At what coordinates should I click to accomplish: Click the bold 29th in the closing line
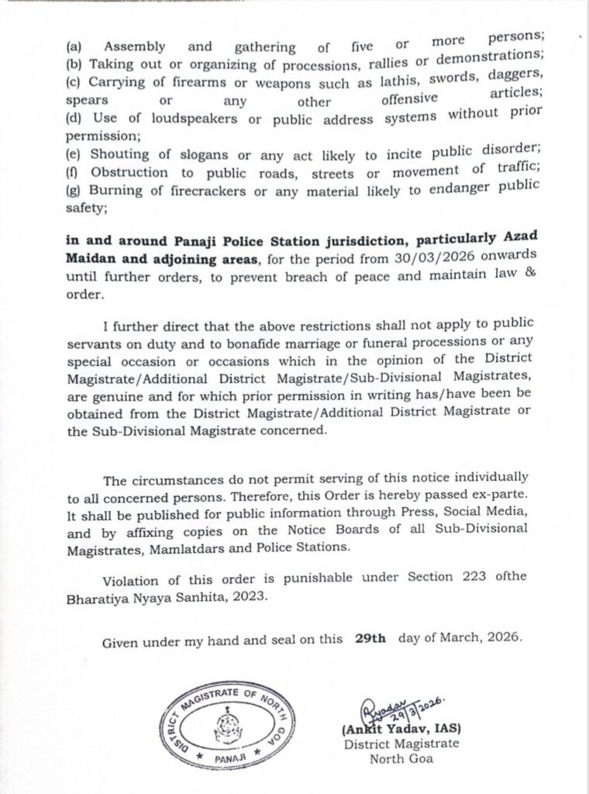click(370, 639)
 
